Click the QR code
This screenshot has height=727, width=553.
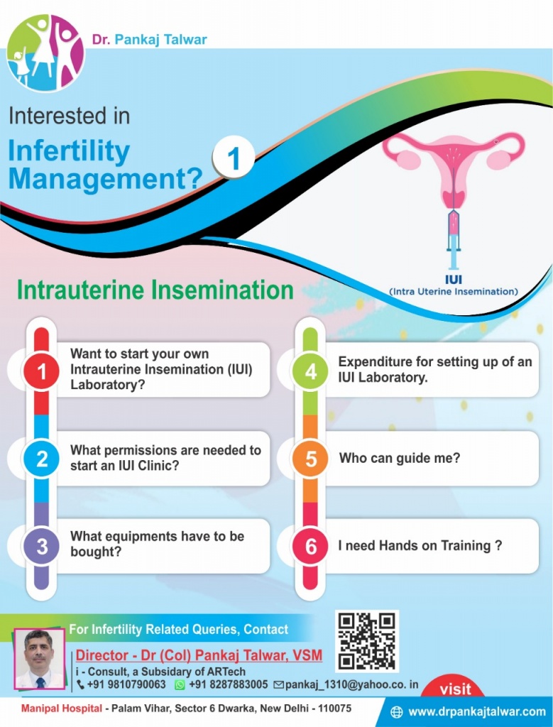coord(366,640)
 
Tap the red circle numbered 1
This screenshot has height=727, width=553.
coord(42,370)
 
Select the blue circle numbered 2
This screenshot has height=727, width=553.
coord(42,459)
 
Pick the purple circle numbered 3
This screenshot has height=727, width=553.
coord(42,547)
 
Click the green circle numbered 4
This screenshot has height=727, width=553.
coord(310,370)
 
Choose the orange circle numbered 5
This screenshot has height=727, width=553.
coord(310,459)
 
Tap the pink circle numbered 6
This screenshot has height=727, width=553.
coord(310,547)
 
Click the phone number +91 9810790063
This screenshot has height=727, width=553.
coord(126,684)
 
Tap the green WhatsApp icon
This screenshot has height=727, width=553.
coord(180,684)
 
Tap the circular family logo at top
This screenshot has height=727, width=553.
coord(45,54)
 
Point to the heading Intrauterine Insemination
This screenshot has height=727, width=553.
coord(155,290)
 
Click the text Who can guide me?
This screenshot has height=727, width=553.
coord(399,458)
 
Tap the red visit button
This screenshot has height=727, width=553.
coord(455,689)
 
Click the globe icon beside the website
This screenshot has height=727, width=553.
coord(397,711)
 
